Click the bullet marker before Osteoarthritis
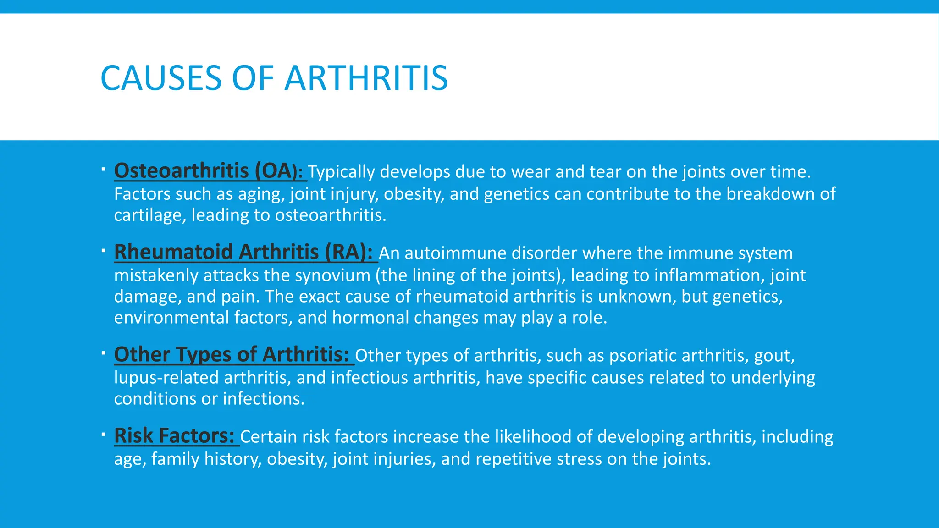[104, 170]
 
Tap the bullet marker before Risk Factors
[104, 434]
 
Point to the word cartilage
[149, 215]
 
